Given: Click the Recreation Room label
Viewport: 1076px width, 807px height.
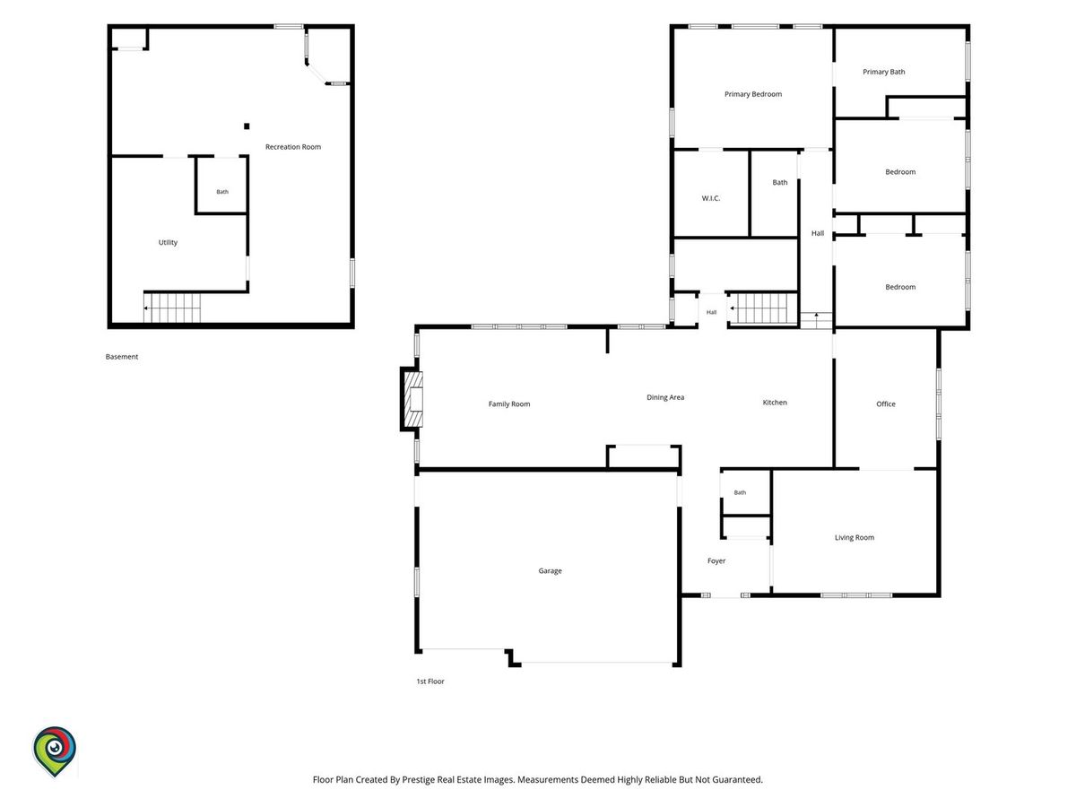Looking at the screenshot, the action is tap(292, 146).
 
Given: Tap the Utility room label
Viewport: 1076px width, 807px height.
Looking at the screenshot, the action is tap(168, 242).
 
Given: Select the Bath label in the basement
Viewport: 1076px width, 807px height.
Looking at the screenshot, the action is tap(222, 192).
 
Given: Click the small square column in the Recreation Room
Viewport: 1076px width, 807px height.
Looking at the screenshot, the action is tap(247, 126).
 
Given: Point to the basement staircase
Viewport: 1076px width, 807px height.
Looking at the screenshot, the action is tap(172, 308).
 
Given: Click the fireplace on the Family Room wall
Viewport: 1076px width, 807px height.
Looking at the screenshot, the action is tap(412, 399).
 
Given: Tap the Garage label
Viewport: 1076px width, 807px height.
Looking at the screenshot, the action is tap(550, 570).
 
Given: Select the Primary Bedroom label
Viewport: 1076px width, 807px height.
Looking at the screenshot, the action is tap(752, 94).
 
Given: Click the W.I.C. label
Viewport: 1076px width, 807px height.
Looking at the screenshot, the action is tap(710, 198).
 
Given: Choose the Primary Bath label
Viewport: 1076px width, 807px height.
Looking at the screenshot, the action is tap(883, 72).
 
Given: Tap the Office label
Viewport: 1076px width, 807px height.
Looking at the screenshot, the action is tap(885, 403).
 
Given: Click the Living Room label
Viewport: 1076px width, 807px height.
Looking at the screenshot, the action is tap(854, 537).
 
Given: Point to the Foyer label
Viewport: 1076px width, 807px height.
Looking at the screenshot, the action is tap(716, 560).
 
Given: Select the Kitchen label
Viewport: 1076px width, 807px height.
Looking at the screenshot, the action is tap(775, 403).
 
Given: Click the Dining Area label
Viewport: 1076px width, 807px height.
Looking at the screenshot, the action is tap(664, 397).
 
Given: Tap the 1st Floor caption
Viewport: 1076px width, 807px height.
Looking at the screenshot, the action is tap(430, 681).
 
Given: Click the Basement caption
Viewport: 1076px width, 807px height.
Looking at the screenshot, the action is tap(122, 357).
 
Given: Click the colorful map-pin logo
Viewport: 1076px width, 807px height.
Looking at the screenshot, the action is tap(55, 751).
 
